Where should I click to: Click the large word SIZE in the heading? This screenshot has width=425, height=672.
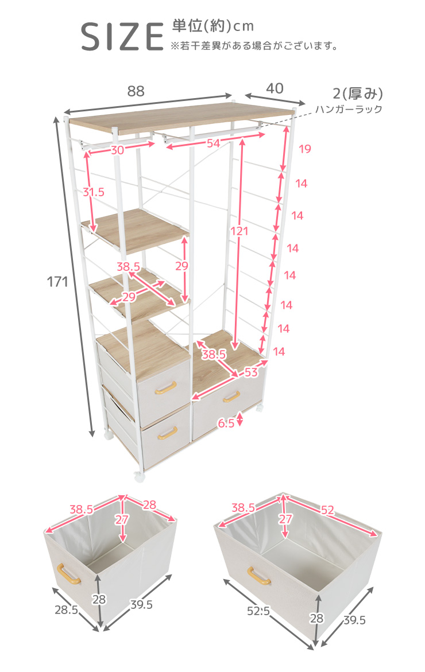coord(122,37)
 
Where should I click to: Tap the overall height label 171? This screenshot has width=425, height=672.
coord(57,282)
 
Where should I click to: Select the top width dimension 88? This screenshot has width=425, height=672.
coord(136,91)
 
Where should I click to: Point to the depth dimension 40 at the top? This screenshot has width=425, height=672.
coord(275,88)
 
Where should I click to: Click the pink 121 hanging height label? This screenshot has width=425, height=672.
coord(239,231)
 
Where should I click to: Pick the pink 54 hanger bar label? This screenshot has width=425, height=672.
coord(213,143)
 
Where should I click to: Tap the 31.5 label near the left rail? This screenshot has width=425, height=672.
coord(94,192)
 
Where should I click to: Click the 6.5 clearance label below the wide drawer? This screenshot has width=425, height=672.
coord(226,424)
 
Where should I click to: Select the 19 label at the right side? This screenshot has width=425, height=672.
coord(304,149)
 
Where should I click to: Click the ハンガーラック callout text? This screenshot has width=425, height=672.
coord(349,109)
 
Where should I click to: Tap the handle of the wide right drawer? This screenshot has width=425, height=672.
coord(231,397)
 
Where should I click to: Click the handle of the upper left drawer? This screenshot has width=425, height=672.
coord(165,387)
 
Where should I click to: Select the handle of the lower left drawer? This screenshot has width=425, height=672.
coord(167,433)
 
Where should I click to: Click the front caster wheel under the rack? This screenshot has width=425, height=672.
coord(139,476)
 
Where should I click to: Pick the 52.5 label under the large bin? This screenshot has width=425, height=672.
coord(258,611)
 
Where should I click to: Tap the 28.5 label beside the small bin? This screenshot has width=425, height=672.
coord(66,609)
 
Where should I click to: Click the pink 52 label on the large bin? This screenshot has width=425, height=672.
coord(327,510)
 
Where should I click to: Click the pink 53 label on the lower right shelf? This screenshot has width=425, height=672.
coord(251,372)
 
